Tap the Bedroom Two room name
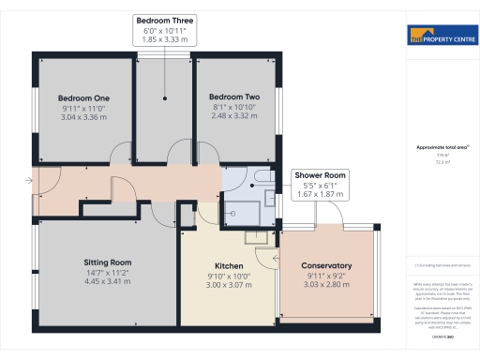coord(233,97)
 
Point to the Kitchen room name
coord(229,266)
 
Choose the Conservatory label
coord(328,266)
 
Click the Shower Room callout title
coord(321,175)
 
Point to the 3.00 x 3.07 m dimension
coord(229,286)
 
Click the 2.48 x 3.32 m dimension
coord(233,117)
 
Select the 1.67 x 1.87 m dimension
coord(321,195)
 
